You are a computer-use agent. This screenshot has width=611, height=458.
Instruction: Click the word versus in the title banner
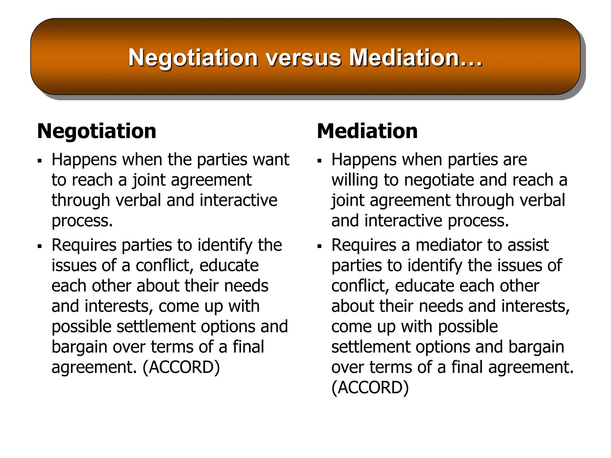pos(303,58)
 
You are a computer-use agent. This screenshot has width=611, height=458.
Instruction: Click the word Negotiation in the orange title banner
pos(193,58)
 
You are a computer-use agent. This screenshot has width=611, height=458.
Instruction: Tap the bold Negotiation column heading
pos(97,131)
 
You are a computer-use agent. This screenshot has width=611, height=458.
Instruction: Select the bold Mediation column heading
pos(367,131)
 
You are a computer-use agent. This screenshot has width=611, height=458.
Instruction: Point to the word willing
pos(355,180)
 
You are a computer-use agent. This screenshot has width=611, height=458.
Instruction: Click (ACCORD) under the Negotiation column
pos(181,367)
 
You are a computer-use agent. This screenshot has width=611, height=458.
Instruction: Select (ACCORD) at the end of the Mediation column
pos(370,387)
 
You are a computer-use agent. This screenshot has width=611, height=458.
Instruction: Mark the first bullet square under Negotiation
pos(40,161)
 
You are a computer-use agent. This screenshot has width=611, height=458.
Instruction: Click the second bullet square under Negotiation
pos(40,247)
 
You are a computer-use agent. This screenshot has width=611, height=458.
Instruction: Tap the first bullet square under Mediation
pos(320,161)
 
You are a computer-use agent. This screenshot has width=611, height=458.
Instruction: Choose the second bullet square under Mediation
pos(320,247)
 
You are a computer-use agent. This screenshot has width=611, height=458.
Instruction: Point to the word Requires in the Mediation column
pos(364,245)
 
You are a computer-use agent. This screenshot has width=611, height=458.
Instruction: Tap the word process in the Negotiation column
pos(82,221)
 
